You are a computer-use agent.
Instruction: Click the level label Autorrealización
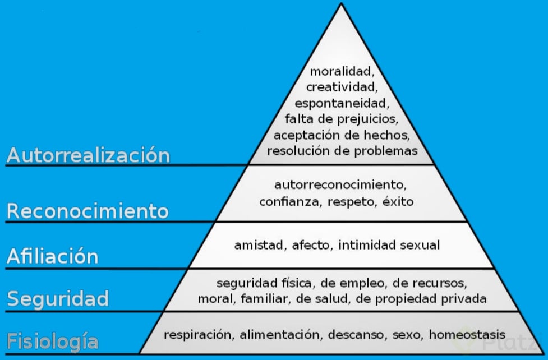click(x=88, y=155)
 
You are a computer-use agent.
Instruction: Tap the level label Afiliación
click(x=52, y=256)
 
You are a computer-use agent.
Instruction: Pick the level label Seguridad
click(x=57, y=298)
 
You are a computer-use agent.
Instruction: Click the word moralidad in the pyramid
click(x=340, y=72)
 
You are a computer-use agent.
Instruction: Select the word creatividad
click(x=340, y=87)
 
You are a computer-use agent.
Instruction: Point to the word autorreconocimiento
click(x=340, y=184)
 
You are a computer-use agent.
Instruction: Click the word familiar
click(x=264, y=298)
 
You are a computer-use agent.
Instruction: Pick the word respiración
click(x=199, y=335)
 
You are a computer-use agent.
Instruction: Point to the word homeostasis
click(x=467, y=335)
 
